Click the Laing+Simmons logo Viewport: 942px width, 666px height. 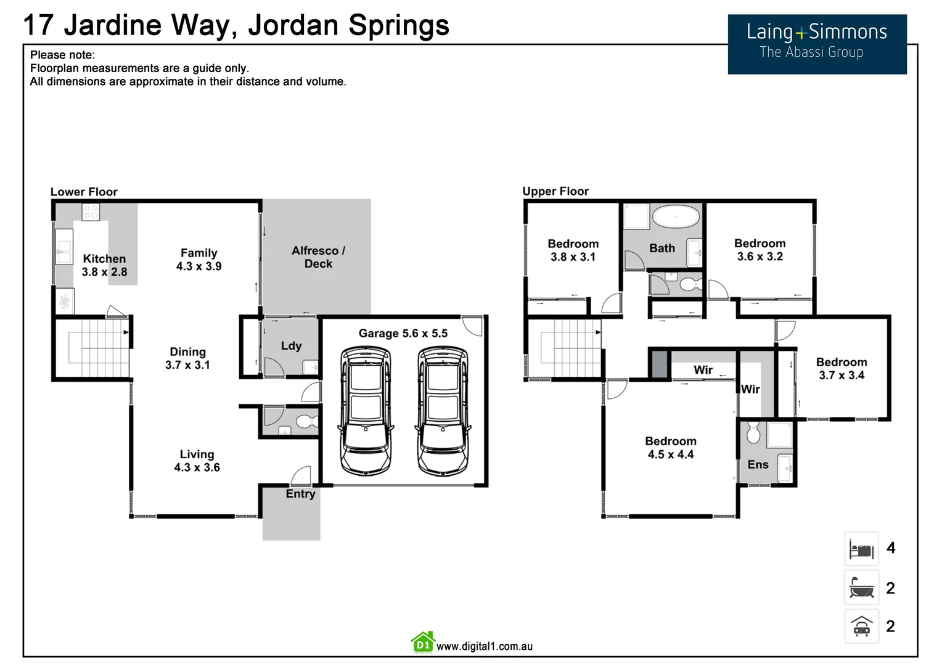(817, 44)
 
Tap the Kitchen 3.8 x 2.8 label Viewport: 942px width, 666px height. (104, 265)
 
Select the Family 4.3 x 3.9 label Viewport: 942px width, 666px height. (199, 260)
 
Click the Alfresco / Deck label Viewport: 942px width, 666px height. (318, 257)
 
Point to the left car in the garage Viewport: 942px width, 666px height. (366, 411)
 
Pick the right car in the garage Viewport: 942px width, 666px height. (443, 411)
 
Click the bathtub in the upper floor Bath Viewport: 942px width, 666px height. (676, 217)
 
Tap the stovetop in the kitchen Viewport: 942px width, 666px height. (91, 212)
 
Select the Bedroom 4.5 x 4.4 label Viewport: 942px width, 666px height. (671, 448)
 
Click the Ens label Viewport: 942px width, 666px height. (758, 464)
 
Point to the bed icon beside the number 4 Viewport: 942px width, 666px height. (861, 548)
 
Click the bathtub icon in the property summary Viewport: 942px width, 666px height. (861, 588)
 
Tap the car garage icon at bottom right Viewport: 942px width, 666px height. (861, 626)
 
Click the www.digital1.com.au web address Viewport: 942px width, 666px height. (484, 646)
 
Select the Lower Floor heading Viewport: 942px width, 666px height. (84, 192)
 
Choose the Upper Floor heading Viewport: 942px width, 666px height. (555, 191)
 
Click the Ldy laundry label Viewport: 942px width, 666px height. (291, 345)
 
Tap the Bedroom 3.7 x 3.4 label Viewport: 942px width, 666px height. (842, 368)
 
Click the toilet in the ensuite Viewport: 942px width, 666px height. (753, 433)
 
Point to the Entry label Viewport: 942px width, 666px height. (300, 494)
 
